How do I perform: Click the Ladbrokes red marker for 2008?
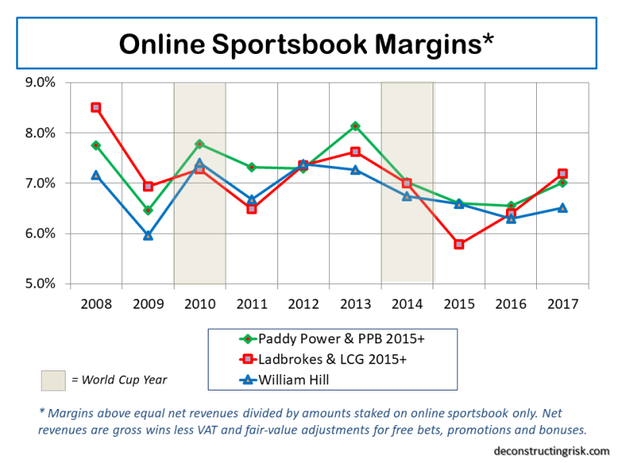pyautogui.click(x=96, y=107)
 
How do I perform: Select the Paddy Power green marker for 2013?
pyautogui.click(x=355, y=126)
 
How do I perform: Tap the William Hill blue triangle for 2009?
pyautogui.click(x=148, y=235)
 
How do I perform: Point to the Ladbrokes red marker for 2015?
pyautogui.click(x=459, y=244)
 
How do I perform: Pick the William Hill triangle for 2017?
pyautogui.click(x=562, y=208)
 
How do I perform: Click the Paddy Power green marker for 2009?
pyautogui.click(x=148, y=210)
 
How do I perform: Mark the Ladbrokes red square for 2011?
pyautogui.click(x=251, y=208)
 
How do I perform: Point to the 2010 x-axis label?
pyautogui.click(x=199, y=303)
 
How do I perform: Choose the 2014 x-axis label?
pyautogui.click(x=407, y=303)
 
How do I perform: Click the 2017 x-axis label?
pyautogui.click(x=562, y=303)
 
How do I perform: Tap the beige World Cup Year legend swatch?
pyautogui.click(x=53, y=380)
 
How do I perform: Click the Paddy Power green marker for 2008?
pyautogui.click(x=96, y=145)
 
